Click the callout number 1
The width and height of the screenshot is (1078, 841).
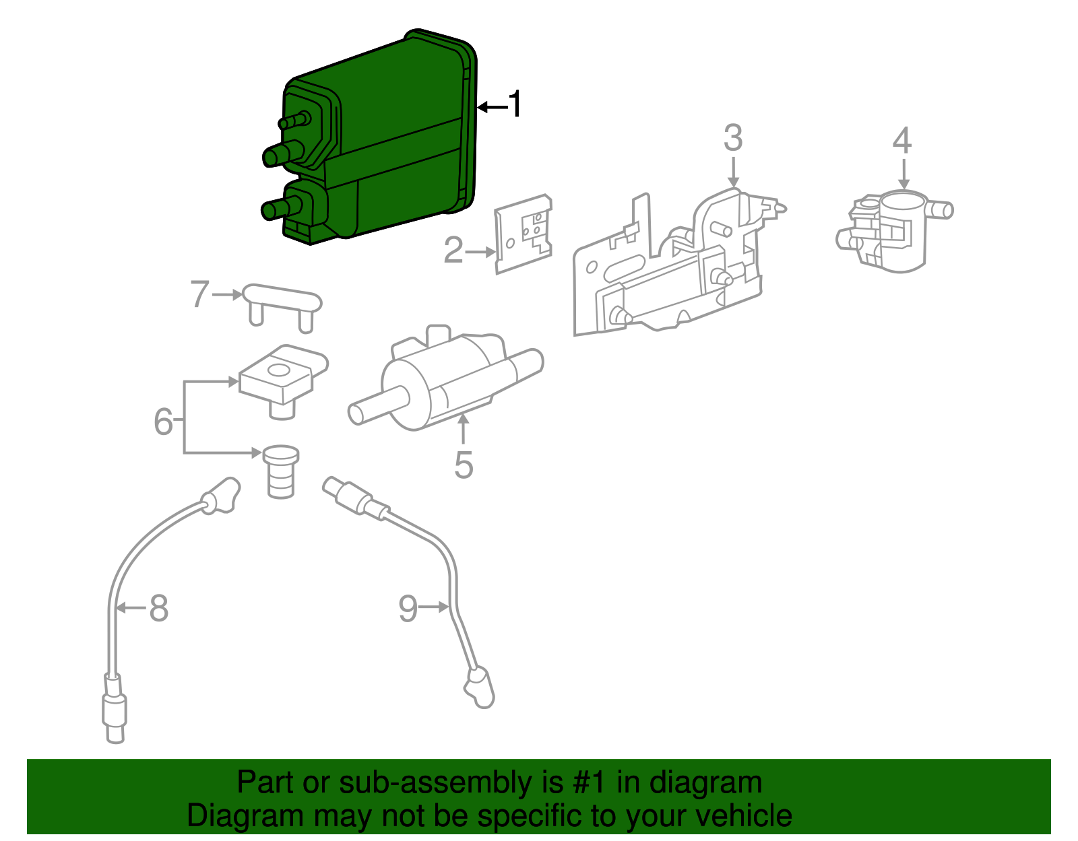point(515,105)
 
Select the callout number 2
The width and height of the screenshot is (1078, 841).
point(453,250)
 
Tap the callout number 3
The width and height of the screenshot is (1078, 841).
point(733,139)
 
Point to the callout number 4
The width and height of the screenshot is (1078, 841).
point(902,141)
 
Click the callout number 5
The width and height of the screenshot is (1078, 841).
point(464,465)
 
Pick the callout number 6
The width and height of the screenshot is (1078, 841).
point(163,422)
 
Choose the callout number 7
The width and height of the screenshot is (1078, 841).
point(199,294)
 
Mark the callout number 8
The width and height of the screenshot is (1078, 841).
point(158,608)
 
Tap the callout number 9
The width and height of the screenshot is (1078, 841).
point(408,608)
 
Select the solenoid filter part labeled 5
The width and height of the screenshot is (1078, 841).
point(445,380)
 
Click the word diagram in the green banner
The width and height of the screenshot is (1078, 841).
point(705,783)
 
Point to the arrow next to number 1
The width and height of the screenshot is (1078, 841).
point(492,107)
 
